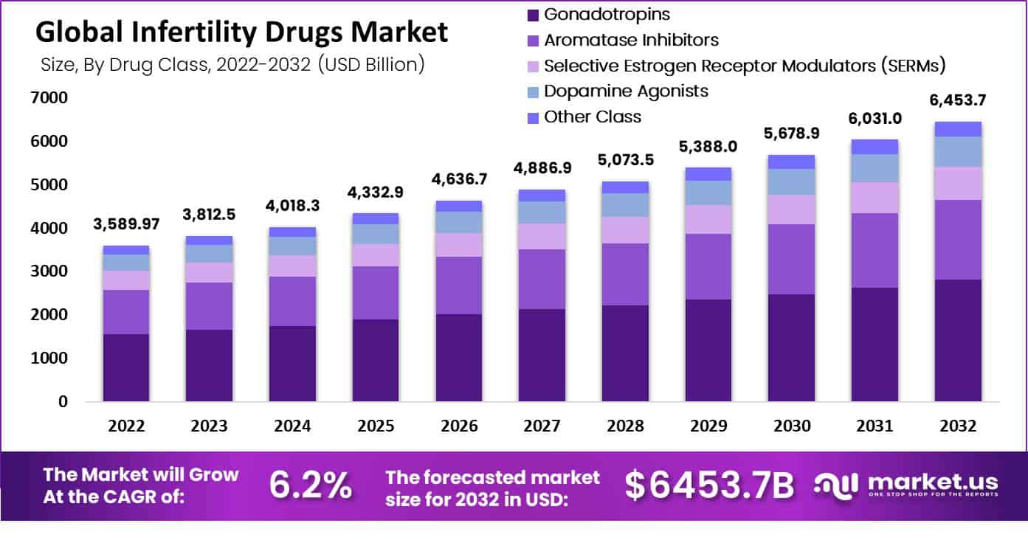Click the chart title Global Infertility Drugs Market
point(241,32)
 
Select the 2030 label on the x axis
point(793,426)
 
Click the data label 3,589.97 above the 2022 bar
point(125,224)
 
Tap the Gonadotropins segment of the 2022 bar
point(125,367)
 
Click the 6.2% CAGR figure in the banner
point(310,485)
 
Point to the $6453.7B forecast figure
point(709,485)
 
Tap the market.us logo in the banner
point(906,485)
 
